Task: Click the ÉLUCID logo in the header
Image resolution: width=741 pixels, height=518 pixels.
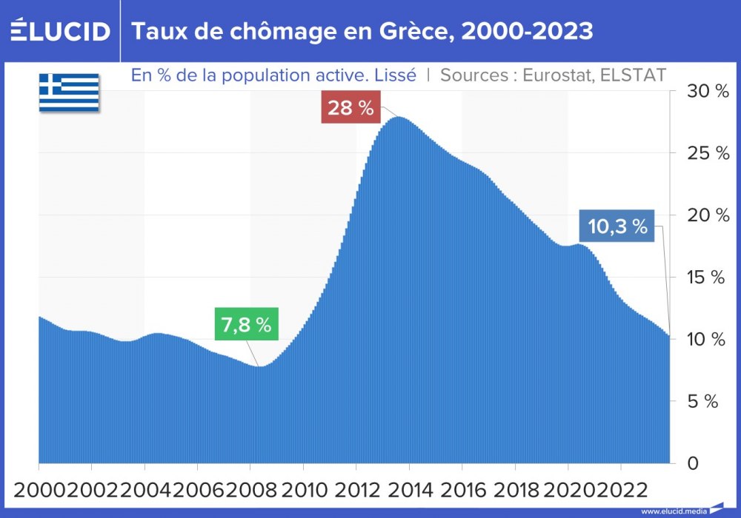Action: pos(59,31)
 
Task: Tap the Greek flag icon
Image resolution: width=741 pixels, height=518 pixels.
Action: pos(69,92)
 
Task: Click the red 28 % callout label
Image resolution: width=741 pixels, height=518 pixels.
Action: pos(350,108)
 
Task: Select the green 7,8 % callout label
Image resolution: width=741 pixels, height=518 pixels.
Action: pos(246,324)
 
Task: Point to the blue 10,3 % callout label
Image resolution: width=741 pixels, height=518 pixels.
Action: pos(617,226)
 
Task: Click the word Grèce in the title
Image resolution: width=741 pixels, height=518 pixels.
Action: pos(411,31)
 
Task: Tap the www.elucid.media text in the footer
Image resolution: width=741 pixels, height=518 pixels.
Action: pos(673,511)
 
